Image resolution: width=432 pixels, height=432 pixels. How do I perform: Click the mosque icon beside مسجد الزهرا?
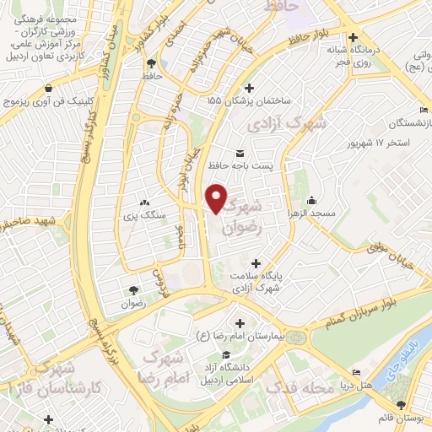[x=312, y=201]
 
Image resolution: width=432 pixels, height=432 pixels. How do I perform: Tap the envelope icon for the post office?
[x=240, y=153]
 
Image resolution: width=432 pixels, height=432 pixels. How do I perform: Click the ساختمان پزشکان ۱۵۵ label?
[x=250, y=100]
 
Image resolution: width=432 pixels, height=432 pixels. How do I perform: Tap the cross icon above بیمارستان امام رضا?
[x=240, y=323]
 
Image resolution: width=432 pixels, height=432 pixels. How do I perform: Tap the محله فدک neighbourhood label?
[x=294, y=389]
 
